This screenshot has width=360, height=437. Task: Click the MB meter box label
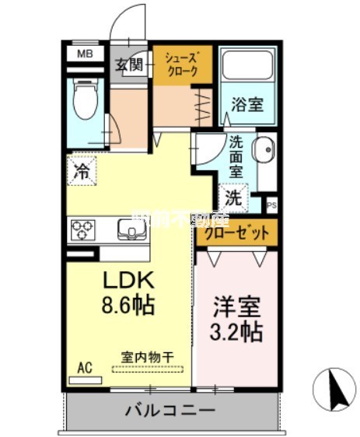pyautogui.click(x=83, y=54)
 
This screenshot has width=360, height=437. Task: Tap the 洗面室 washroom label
pyautogui.click(x=236, y=155)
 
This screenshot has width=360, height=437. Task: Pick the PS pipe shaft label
pyautogui.click(x=271, y=206)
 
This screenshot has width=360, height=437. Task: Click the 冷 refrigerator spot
pyautogui.click(x=81, y=172)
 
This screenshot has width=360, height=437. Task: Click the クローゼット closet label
pyautogui.click(x=236, y=232)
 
